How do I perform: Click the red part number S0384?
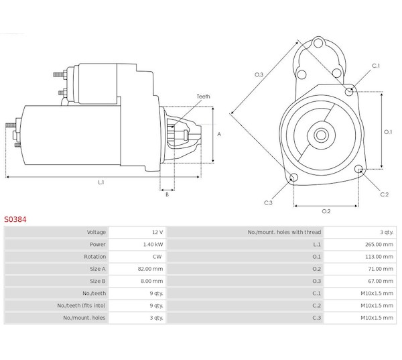[16, 219]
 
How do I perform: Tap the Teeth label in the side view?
[203, 97]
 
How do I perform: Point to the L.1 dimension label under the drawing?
[101, 182]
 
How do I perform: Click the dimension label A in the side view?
[219, 133]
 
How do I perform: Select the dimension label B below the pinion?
[167, 194]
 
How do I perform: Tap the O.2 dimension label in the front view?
[326, 211]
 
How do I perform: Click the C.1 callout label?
[376, 65]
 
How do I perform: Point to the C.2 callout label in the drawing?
[384, 194]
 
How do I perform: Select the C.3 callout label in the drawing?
[268, 202]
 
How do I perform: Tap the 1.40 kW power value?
[153, 244]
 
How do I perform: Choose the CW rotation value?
[157, 256]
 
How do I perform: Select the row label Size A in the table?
[96, 268]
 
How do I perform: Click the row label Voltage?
[96, 232]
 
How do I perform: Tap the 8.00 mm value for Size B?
[152, 281]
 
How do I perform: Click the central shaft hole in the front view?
[321, 134]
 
